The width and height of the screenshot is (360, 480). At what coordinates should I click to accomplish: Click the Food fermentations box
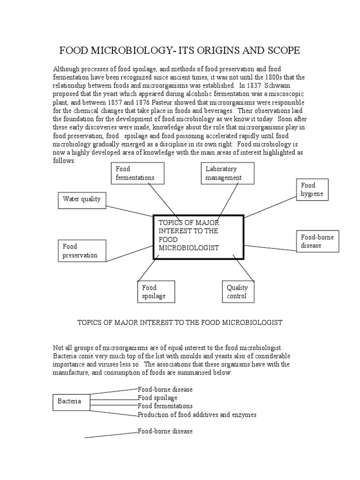coord(137,173)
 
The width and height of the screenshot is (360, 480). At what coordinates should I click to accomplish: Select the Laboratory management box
coord(228,173)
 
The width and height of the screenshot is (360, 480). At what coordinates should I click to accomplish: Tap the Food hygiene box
coord(312,190)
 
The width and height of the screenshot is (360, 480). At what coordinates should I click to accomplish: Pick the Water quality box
coord(82,199)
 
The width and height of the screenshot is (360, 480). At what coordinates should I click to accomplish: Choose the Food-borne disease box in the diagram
coord(317,241)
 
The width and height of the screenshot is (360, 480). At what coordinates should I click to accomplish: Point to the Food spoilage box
coord(156,292)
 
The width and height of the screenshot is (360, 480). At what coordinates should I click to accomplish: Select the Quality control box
coord(237,292)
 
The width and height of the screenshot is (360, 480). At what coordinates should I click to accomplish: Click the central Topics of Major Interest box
coord(199,237)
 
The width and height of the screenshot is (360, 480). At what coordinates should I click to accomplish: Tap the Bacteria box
coord(71,402)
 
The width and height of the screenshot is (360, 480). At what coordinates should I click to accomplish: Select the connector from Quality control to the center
coord(243,268)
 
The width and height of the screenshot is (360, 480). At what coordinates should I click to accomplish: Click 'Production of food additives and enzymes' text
coord(197,415)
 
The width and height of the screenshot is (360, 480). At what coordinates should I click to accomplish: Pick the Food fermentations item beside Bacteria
coord(165,406)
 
